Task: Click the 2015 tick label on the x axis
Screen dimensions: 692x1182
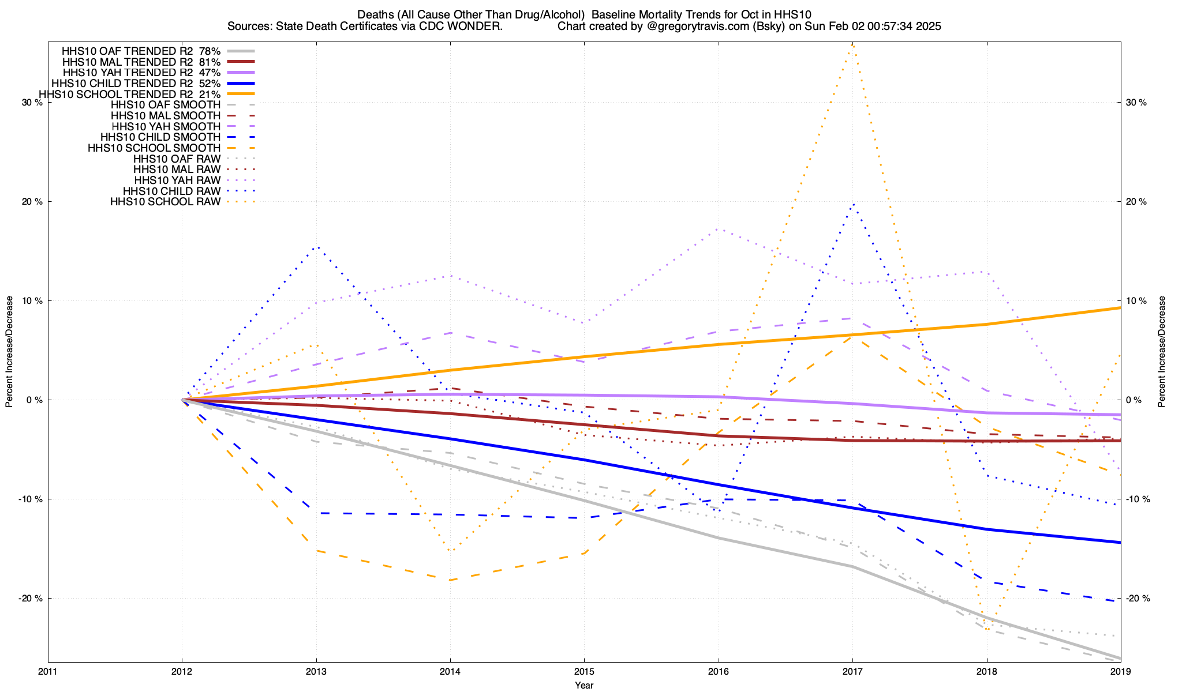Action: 584,672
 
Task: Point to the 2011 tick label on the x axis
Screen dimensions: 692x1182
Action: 48,672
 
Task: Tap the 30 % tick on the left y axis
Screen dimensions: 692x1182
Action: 32,103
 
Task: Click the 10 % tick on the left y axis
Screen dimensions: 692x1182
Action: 32,301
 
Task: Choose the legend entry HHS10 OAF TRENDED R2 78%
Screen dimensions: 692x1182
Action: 141,51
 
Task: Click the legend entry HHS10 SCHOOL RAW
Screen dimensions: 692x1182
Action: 165,202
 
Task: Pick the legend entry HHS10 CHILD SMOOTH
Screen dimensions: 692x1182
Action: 160,137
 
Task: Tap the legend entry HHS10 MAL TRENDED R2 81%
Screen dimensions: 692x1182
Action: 141,62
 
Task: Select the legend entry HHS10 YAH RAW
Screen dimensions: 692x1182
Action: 177,180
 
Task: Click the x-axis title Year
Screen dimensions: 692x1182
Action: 584,685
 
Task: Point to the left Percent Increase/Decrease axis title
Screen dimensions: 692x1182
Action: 9,352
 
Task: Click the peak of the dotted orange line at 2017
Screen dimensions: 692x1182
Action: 852,44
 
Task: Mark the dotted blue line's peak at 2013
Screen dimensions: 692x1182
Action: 316,246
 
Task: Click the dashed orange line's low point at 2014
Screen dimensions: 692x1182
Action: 450,580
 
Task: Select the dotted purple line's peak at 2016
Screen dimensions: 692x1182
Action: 718,229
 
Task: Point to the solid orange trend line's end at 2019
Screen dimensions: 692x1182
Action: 1120,308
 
